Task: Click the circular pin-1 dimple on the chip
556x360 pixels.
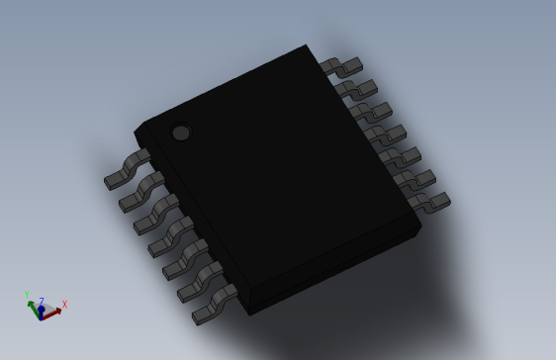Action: [x=180, y=133]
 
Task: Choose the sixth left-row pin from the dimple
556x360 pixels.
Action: [x=198, y=283]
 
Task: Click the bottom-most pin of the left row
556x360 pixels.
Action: [x=213, y=306]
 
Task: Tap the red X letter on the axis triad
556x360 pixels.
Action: [x=64, y=305]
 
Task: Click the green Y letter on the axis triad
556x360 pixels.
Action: [x=27, y=294]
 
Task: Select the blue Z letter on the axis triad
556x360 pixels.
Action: [x=41, y=302]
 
